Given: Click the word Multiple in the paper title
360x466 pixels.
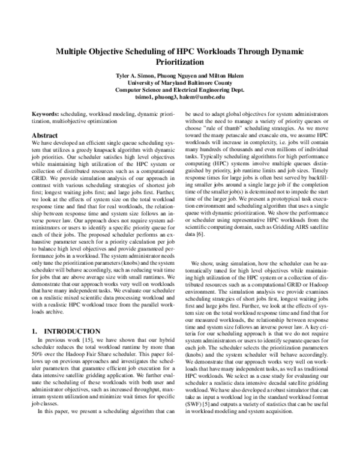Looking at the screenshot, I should click(76, 52).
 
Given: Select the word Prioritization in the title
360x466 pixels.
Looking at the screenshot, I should click(180, 62).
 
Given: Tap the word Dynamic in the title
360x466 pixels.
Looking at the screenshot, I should click(284, 52).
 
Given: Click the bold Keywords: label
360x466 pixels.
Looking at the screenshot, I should click(45, 114).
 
